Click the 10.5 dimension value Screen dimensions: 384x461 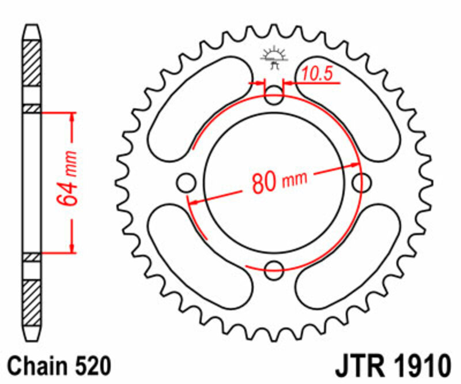coord(315,74)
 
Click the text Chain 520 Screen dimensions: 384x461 coord(59,366)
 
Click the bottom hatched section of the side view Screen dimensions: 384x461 coord(32,300)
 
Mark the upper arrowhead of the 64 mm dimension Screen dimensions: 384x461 coord(72,116)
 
